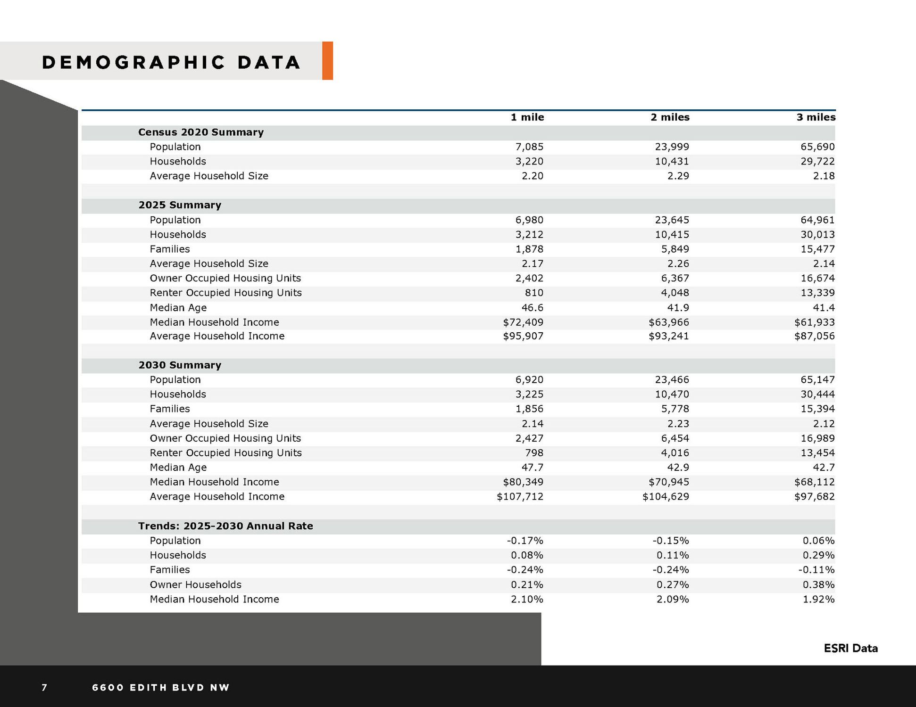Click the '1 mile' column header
point(527,117)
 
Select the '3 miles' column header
point(816,117)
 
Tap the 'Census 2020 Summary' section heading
point(200,132)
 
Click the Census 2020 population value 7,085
point(529,147)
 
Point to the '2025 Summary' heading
point(180,205)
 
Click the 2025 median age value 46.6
point(531,308)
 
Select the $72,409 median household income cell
point(523,322)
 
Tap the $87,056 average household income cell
point(814,336)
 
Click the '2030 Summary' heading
point(180,365)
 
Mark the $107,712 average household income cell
point(520,497)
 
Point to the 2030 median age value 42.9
point(677,468)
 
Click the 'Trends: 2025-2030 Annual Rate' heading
point(225,526)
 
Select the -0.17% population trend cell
point(525,541)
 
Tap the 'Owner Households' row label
point(195,585)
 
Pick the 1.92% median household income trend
point(818,600)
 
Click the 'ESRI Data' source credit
point(850,649)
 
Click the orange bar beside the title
point(327,61)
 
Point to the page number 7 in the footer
point(44,688)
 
